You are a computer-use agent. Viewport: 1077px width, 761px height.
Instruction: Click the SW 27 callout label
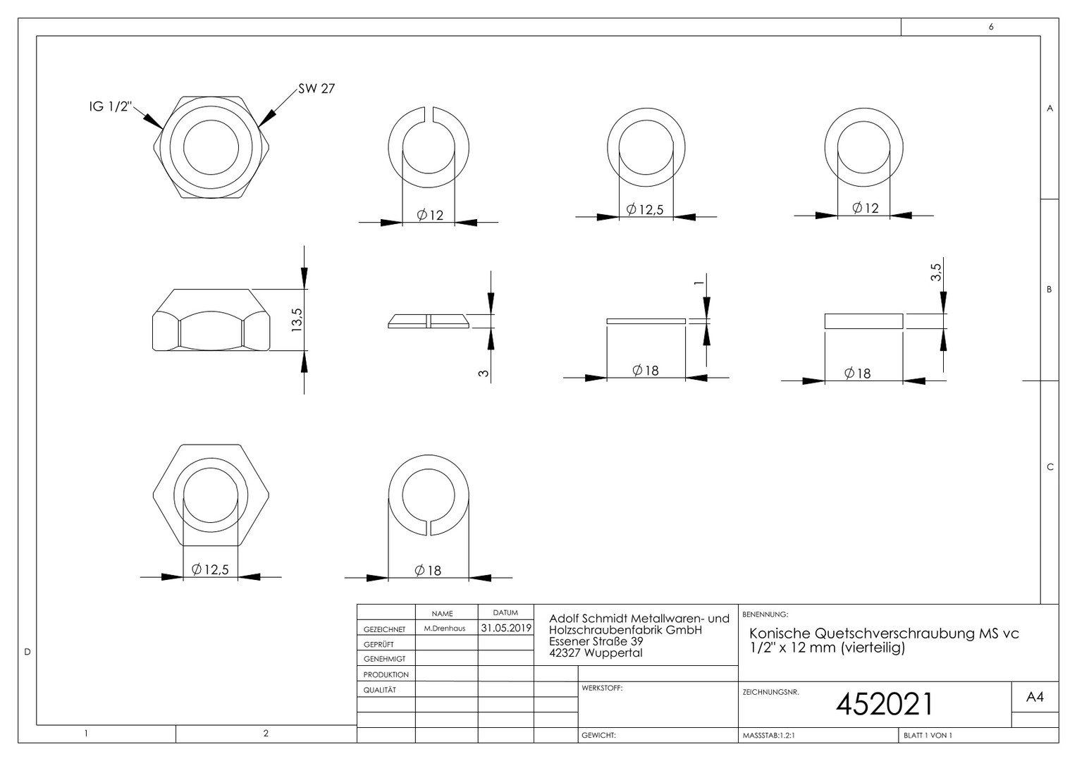coord(316,89)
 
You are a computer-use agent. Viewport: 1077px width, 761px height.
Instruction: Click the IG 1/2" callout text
coord(111,106)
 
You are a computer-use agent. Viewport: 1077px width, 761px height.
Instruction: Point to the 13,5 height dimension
coord(297,320)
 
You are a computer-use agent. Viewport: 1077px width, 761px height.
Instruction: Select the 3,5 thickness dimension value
coord(935,272)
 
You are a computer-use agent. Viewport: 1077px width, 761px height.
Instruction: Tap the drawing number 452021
coord(884,704)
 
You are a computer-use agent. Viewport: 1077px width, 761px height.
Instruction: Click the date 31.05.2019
coord(506,628)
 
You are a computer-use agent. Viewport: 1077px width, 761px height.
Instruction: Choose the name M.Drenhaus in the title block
coord(445,629)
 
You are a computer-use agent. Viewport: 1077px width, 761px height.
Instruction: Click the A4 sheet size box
coord(1035,697)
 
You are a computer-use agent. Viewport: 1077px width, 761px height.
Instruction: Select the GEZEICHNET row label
coord(385,629)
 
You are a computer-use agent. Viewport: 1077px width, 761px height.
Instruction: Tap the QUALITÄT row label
coord(380,690)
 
